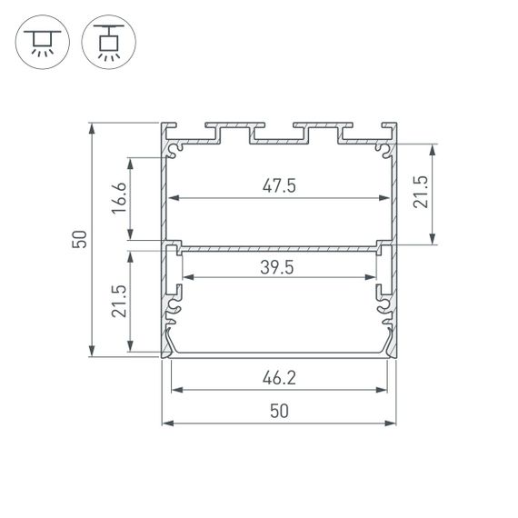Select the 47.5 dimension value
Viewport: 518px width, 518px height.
[280, 185]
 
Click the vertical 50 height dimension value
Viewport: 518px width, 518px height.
[79, 240]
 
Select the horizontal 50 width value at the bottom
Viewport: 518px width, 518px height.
[280, 411]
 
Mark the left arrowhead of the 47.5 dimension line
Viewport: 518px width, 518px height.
[174, 199]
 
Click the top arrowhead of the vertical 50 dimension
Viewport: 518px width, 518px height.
[92, 128]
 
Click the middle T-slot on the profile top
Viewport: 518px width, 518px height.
[280, 135]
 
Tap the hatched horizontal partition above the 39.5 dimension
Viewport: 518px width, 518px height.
[280, 245]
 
